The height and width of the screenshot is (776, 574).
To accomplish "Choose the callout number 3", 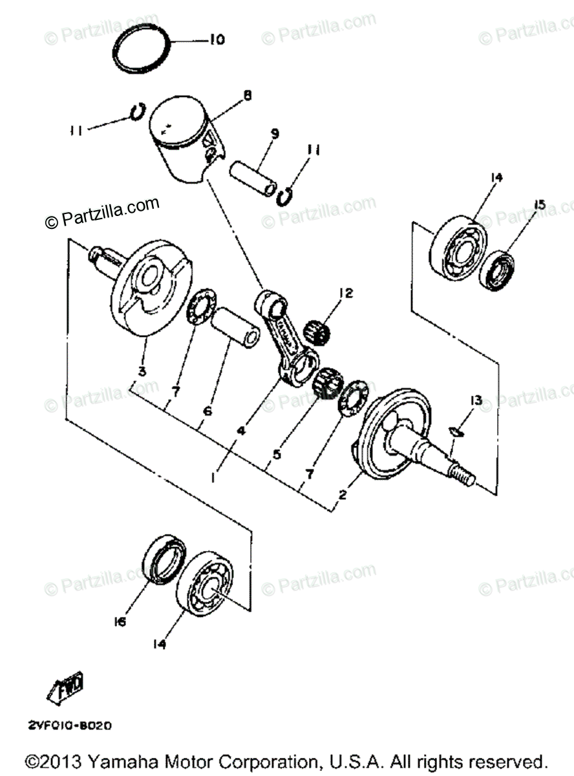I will pyautogui.click(x=142, y=371).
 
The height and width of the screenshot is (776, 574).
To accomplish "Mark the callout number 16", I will pyautogui.click(x=120, y=621).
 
